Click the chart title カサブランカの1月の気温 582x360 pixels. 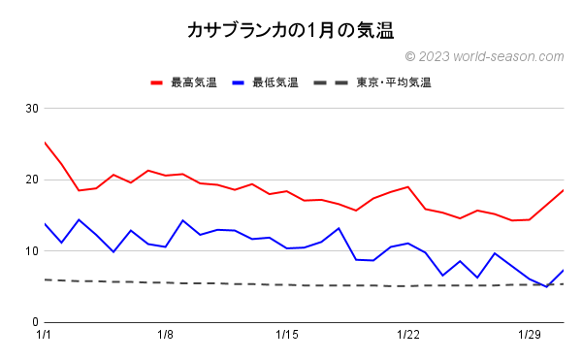pyautogui.click(x=290, y=32)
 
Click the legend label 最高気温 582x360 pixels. pyautogui.click(x=193, y=82)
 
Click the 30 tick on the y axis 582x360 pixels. pyautogui.click(x=31, y=108)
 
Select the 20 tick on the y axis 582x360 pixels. pyautogui.click(x=31, y=180)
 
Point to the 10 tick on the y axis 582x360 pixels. pyautogui.click(x=31, y=251)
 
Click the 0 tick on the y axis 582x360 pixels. pyautogui.click(x=34, y=322)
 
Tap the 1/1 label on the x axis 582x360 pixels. pyautogui.click(x=45, y=336)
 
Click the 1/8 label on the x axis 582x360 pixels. pyautogui.click(x=166, y=336)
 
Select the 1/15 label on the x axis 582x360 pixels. pyautogui.click(x=287, y=336)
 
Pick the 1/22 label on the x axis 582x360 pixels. pyautogui.click(x=408, y=336)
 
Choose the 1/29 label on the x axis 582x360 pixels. pyautogui.click(x=530, y=336)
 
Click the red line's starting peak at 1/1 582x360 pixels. pyautogui.click(x=45, y=143)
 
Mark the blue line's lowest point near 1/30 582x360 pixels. pyautogui.click(x=546, y=286)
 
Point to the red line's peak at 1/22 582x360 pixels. pyautogui.click(x=408, y=186)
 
